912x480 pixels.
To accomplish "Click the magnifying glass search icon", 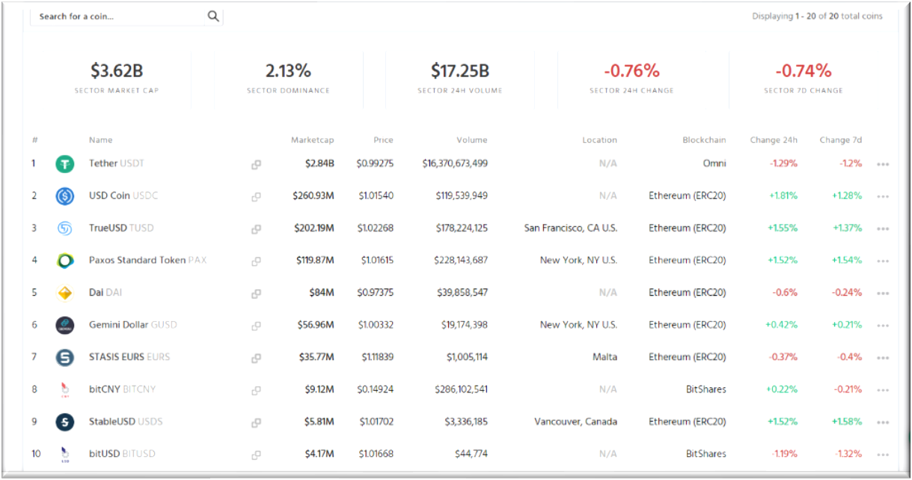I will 213,16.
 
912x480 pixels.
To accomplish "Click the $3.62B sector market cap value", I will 117,71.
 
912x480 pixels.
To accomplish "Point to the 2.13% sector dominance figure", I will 288,71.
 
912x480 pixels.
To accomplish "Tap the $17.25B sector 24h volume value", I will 459,71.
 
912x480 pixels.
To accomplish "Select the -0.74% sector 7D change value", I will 803,71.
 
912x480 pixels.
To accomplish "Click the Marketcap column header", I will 312,140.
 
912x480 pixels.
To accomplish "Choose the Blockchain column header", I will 704,140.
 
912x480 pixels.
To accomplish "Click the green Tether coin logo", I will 65,164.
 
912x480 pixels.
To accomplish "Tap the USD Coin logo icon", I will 65,196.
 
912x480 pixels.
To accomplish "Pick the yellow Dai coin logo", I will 65,293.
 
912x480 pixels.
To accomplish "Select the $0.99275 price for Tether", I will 375,163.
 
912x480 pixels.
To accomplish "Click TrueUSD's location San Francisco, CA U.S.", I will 571,228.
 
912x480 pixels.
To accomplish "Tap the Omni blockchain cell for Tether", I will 714,163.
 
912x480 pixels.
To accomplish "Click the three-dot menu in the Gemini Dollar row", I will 883,326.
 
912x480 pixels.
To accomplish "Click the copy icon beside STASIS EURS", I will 256,358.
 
